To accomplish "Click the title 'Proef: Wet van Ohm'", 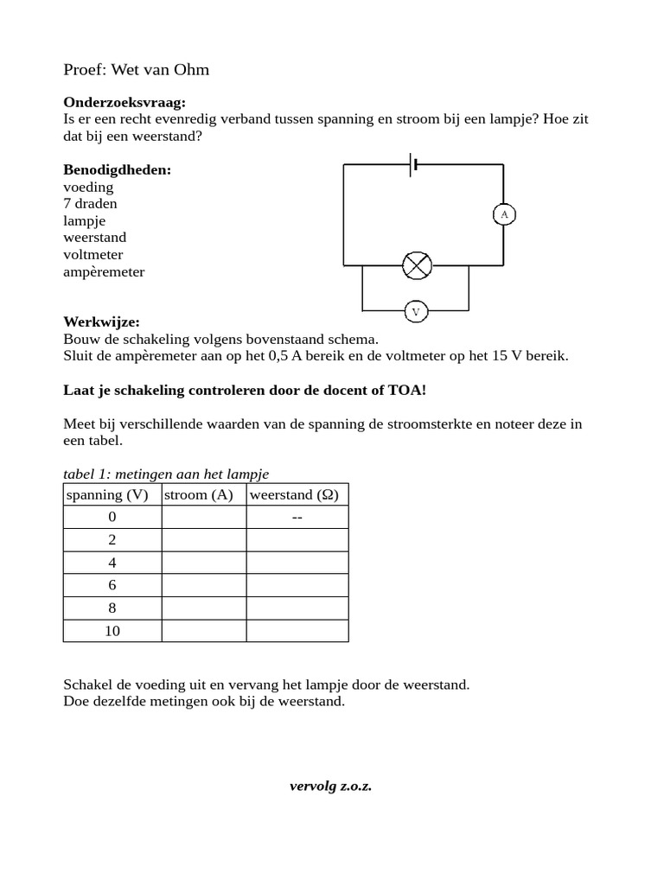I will pyautogui.click(x=136, y=69).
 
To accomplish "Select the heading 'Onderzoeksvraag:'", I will pyautogui.click(x=124, y=102).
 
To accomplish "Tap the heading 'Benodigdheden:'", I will pyautogui.click(x=117, y=169).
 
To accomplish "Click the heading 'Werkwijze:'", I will pyautogui.click(x=101, y=322).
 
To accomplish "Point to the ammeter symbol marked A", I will pyautogui.click(x=504, y=214).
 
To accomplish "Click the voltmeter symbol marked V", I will pyautogui.click(x=415, y=311).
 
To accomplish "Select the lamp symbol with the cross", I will pyautogui.click(x=417, y=265).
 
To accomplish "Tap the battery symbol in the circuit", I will pyautogui.click(x=413, y=164).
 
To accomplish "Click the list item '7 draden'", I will pyautogui.click(x=90, y=204).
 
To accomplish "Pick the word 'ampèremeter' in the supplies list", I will pyautogui.click(x=104, y=272).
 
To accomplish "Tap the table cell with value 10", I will pyautogui.click(x=112, y=631).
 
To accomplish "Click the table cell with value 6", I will pyautogui.click(x=112, y=585).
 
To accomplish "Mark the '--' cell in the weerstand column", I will pyautogui.click(x=297, y=518).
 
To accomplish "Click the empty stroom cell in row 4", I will pyautogui.click(x=204, y=563).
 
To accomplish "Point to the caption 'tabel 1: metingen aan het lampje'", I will pyautogui.click(x=166, y=474).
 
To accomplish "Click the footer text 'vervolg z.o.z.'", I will pyautogui.click(x=330, y=786).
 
